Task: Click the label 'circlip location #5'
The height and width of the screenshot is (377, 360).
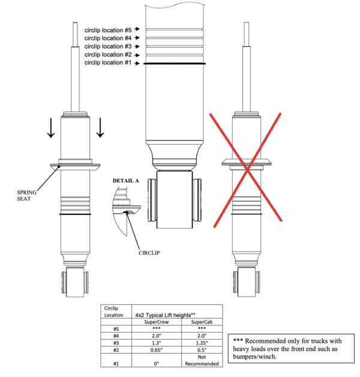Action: [x=108, y=30]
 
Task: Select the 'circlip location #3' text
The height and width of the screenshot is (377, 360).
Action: [x=108, y=46]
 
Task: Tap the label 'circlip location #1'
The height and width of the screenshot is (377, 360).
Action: [x=108, y=62]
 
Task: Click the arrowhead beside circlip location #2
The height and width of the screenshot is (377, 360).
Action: [x=137, y=55]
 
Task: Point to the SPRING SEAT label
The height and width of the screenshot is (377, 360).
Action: [x=26, y=196]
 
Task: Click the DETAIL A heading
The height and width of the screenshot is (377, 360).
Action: [x=125, y=181]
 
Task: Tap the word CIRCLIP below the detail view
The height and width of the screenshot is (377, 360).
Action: [x=149, y=253]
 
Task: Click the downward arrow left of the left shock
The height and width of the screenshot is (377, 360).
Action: [x=51, y=128]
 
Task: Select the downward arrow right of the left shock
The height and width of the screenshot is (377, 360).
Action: [x=100, y=128]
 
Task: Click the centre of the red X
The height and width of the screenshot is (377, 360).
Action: [x=248, y=170]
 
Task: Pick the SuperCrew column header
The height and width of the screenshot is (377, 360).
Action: [x=157, y=322]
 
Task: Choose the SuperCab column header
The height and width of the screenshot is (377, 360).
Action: [x=202, y=322]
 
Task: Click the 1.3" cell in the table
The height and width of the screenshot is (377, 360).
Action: [x=157, y=343]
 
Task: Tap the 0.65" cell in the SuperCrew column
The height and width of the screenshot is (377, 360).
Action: [x=157, y=350]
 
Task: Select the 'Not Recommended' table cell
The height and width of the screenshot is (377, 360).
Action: [x=202, y=360]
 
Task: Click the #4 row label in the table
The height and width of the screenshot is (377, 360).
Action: [x=116, y=336]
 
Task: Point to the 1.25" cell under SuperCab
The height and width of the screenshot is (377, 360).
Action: [x=202, y=343]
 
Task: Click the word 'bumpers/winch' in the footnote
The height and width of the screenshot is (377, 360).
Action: [x=254, y=357]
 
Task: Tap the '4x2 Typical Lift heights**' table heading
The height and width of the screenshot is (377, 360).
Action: [x=165, y=315]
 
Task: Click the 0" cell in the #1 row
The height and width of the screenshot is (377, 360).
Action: [x=157, y=364]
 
